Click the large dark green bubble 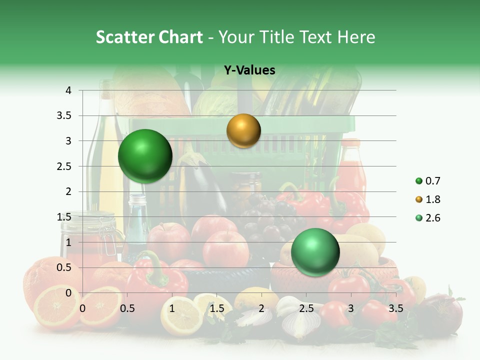pos(145,156)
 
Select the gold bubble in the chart pos(243,130)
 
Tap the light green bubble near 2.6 pos(315,252)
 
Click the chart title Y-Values pos(249,70)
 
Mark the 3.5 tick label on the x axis pos(395,308)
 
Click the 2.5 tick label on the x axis pos(306,308)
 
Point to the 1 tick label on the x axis pos(172,308)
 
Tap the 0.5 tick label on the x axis pos(127,308)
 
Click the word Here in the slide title pos(356,37)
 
